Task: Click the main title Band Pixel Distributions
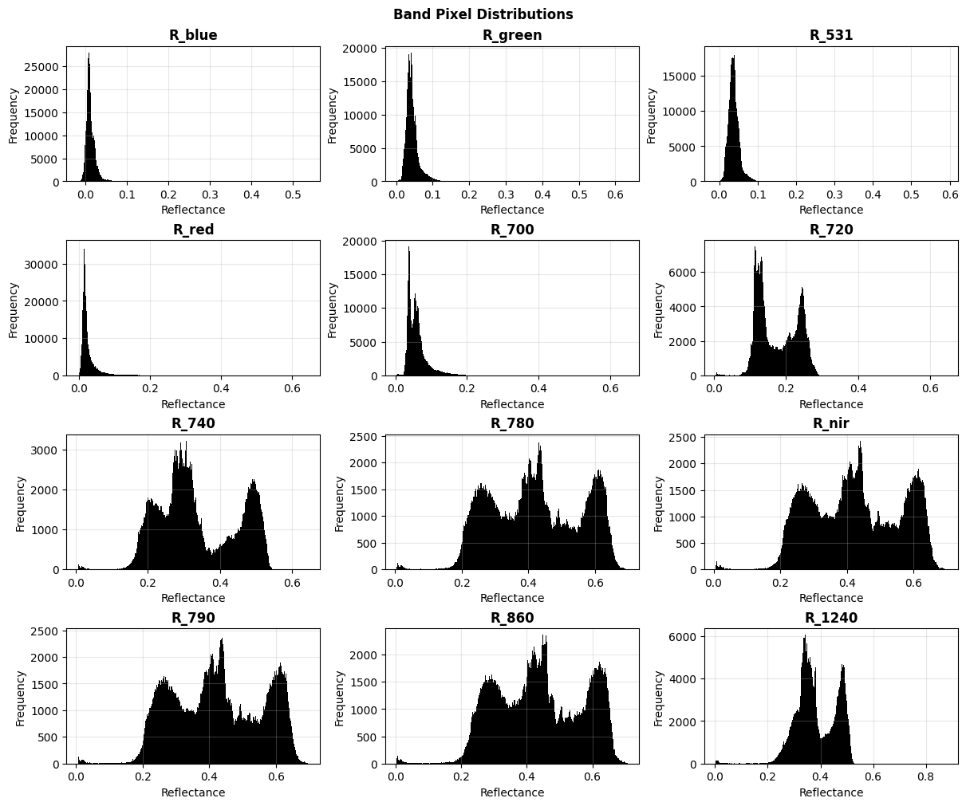pos(483,14)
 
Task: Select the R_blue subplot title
pos(193,35)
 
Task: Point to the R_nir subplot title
pos(830,423)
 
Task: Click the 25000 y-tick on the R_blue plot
pos(41,67)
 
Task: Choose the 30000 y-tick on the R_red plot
pos(41,265)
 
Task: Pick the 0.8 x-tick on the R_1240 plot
pos(926,777)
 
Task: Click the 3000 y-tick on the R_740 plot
pos(45,450)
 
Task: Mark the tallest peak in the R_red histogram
pos(85,250)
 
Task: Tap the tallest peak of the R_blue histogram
pos(89,53)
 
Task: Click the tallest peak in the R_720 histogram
pos(755,247)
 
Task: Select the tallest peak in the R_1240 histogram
pos(805,636)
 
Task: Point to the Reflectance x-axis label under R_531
pos(830,210)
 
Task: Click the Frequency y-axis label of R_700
pos(333,310)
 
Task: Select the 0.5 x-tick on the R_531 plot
pos(911,195)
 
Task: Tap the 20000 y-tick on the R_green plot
pos(361,49)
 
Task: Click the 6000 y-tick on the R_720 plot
pos(683,273)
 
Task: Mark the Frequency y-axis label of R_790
pos(21,698)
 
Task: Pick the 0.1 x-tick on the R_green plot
pos(432,195)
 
